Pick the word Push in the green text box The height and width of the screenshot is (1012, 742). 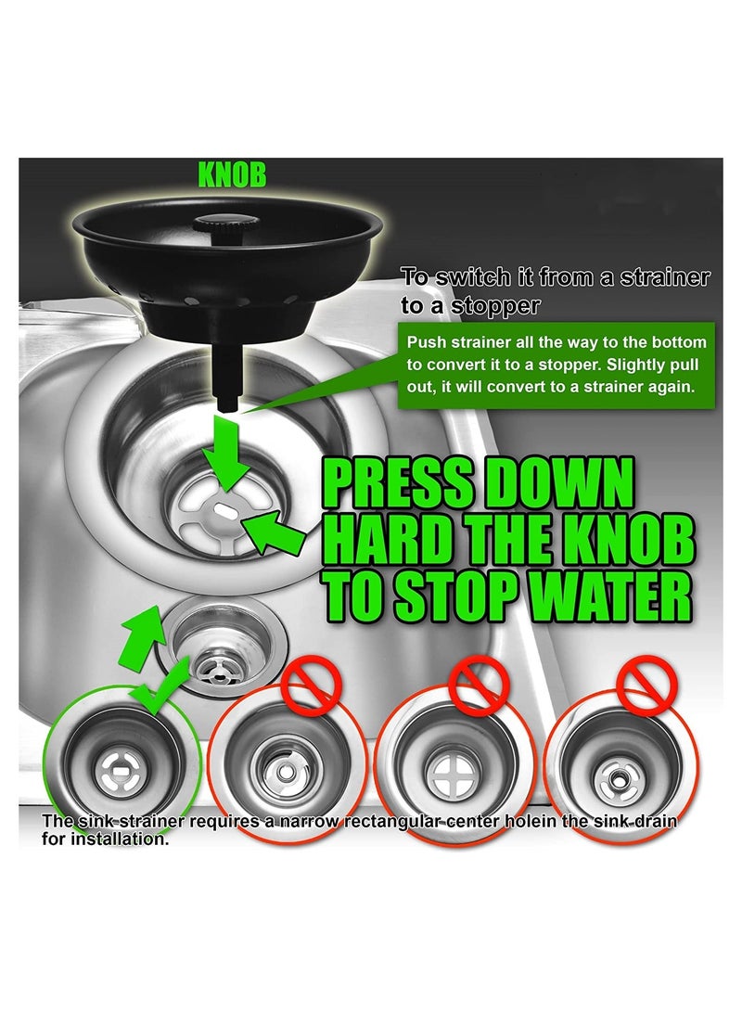(x=425, y=343)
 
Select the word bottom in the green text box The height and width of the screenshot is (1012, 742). (x=683, y=343)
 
